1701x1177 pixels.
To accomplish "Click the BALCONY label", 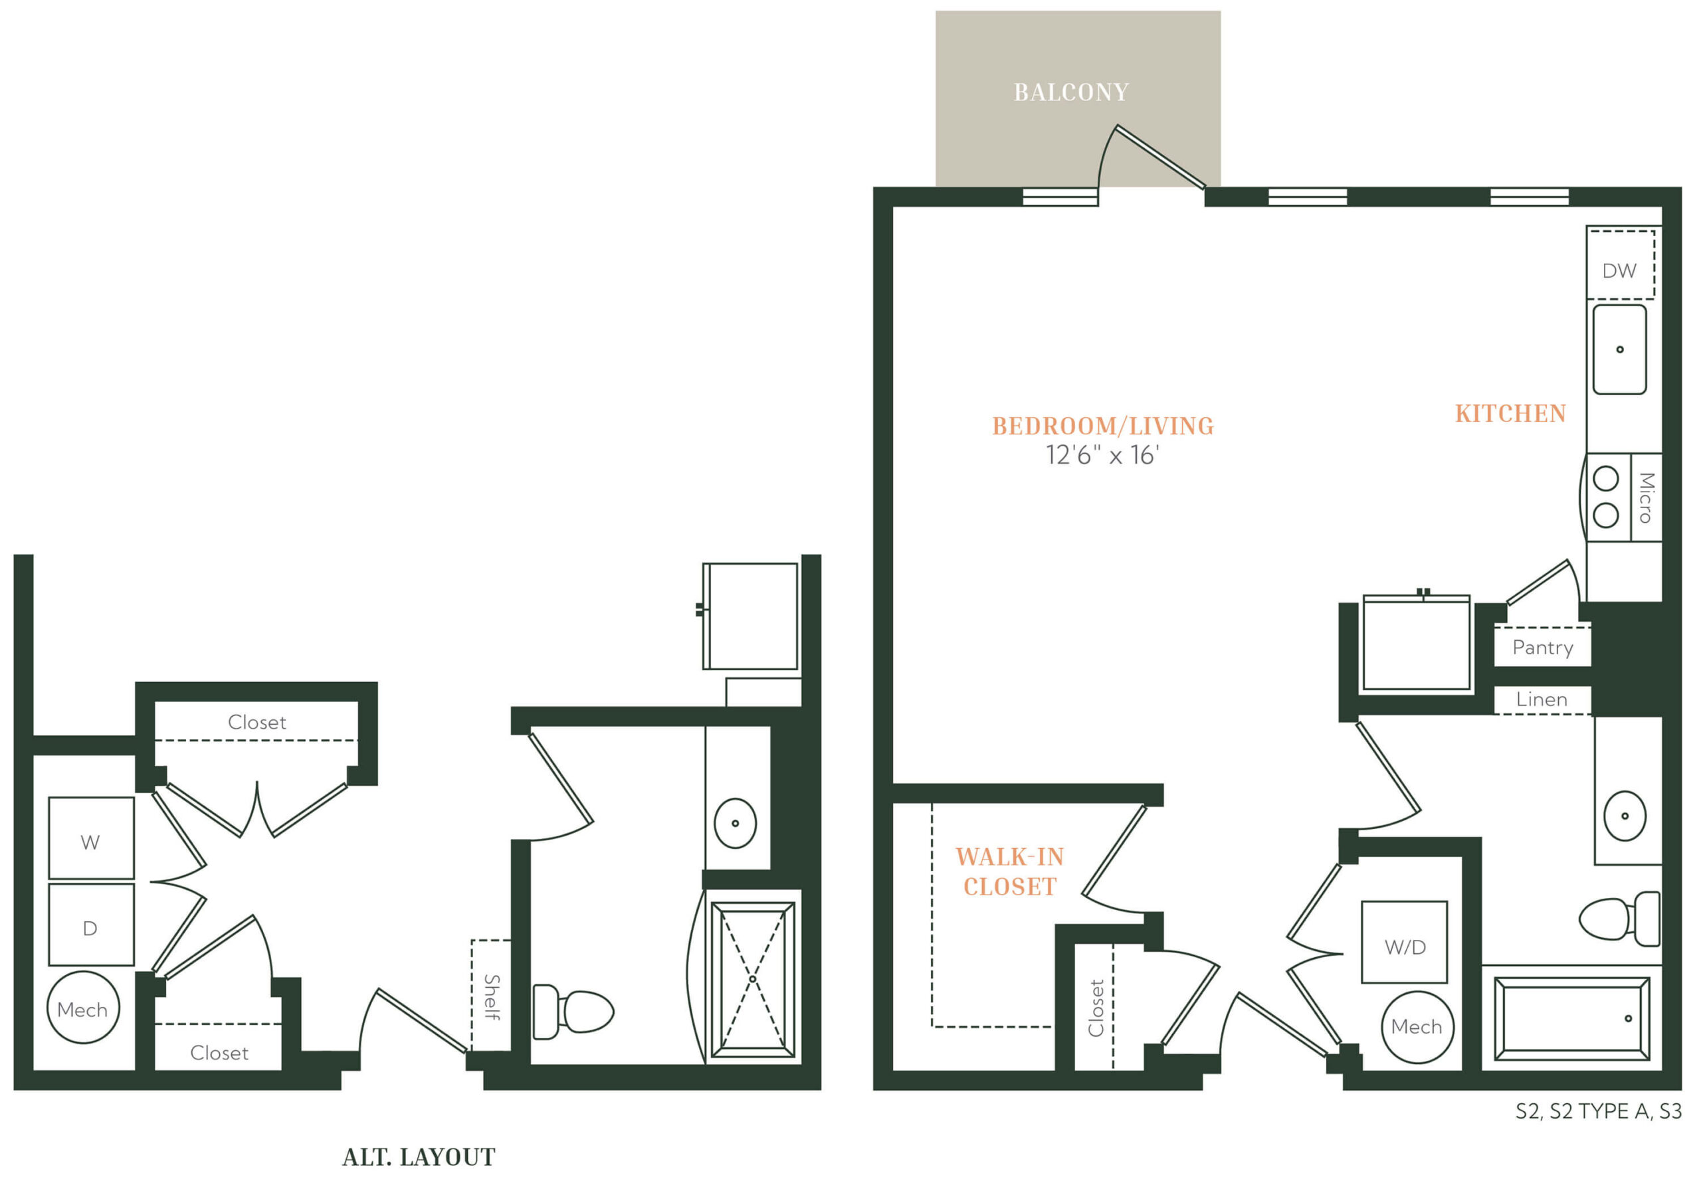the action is (x=1071, y=92).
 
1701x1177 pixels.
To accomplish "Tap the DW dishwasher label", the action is (x=1619, y=270).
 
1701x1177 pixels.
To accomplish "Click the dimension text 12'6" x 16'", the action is (x=1102, y=455).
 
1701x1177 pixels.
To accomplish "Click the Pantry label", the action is (x=1542, y=648).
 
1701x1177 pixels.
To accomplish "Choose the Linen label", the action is (x=1542, y=699).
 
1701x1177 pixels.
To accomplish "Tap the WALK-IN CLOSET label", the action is (x=1010, y=871).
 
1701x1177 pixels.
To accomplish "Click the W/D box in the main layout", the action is (x=1405, y=942).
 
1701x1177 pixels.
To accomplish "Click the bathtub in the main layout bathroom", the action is (x=1572, y=1018).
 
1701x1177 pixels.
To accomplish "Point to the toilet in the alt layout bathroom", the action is (x=573, y=1012).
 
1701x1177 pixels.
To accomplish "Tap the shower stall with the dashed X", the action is (x=752, y=979).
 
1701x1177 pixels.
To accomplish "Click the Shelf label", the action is (x=492, y=997).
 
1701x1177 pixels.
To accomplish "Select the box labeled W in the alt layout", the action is (x=92, y=838).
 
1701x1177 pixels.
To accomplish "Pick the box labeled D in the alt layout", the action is (x=92, y=925).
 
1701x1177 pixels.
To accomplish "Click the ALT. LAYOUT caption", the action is (x=419, y=1157).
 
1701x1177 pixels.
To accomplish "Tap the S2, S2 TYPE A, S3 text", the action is (x=1599, y=1111).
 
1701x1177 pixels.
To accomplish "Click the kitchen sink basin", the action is (x=1620, y=349).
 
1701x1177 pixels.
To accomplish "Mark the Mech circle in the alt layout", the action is (x=83, y=1008).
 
